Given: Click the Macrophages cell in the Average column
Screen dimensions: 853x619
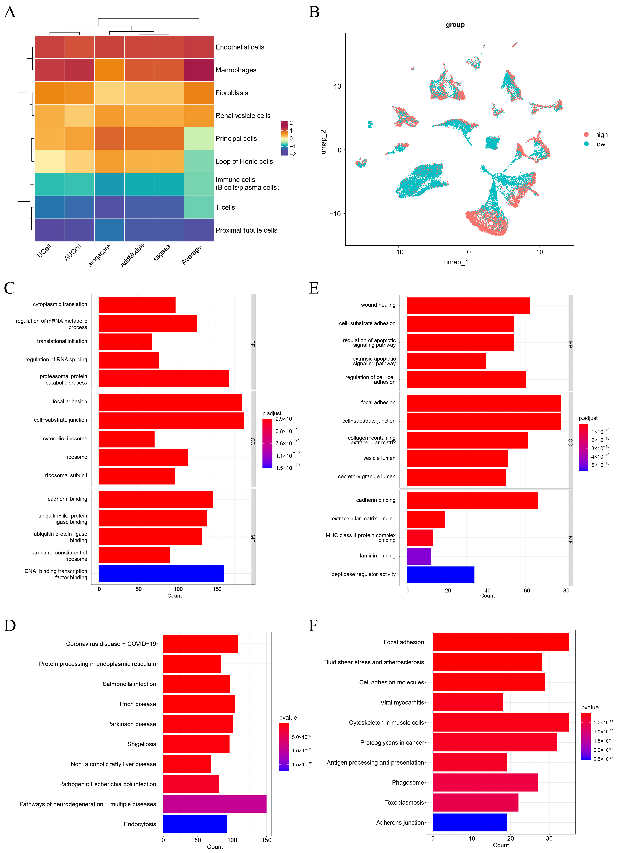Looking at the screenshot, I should (199, 70).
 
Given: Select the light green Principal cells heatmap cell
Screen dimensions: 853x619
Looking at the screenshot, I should (199, 138).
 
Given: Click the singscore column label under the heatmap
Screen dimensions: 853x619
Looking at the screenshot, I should (100, 255).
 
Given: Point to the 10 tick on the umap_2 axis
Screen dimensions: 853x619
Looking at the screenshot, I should (337, 86).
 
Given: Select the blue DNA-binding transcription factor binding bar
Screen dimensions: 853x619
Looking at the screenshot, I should (161, 573).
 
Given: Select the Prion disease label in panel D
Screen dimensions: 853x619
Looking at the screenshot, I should (138, 704).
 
